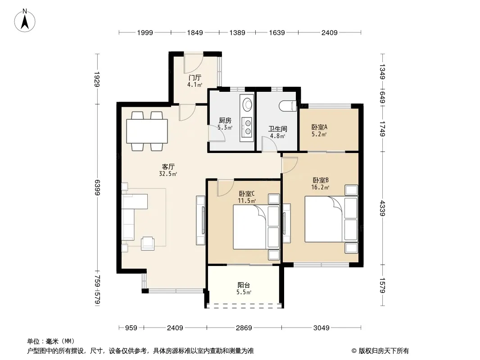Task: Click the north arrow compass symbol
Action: tap(25, 21)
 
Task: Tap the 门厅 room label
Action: tap(195, 78)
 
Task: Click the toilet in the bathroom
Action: tap(288, 106)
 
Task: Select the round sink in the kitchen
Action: tap(247, 103)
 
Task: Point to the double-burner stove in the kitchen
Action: tap(247, 127)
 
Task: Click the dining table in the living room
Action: tap(147, 131)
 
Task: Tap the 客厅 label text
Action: tap(168, 166)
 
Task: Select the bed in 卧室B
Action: tap(331, 219)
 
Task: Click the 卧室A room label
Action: tap(319, 127)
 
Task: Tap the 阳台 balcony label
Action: tap(244, 285)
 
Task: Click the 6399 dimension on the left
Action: tap(97, 188)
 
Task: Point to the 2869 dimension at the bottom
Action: tap(244, 328)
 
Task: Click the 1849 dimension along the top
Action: tap(195, 32)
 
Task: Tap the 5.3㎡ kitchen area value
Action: tap(225, 127)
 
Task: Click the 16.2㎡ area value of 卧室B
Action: tap(320, 187)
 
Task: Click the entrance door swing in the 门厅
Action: tap(193, 62)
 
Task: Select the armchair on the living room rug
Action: tap(148, 243)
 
